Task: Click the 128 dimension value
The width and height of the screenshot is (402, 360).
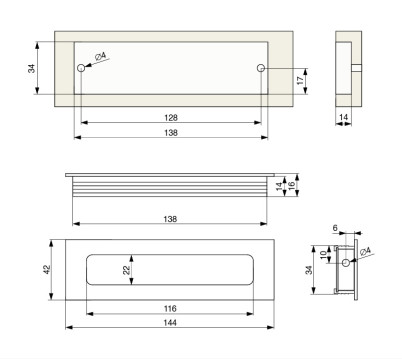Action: point(171,118)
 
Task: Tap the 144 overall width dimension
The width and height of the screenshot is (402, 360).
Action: point(170,323)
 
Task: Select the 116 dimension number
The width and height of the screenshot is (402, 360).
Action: point(170,309)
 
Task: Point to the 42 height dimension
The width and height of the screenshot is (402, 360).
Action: point(47,269)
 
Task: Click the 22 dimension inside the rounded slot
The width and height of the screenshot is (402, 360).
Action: point(126,270)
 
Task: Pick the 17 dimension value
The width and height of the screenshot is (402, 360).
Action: point(300,80)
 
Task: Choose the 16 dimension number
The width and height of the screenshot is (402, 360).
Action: point(292,186)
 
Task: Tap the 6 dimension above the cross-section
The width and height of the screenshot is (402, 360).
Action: point(335,228)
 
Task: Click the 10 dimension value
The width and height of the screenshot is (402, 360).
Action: point(323,255)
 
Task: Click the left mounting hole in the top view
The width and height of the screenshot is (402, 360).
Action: point(81,68)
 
